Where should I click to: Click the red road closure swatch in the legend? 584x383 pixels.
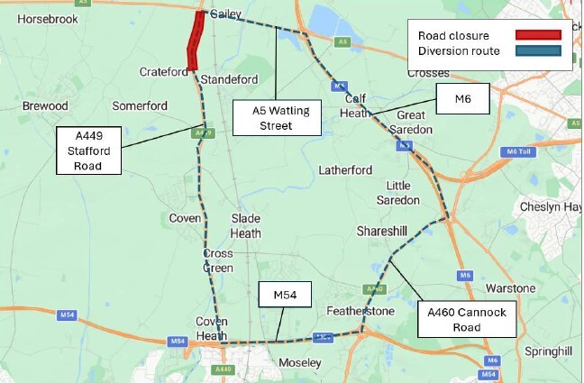point(537,35)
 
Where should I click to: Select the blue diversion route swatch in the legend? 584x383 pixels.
point(537,51)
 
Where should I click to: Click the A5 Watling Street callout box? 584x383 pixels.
point(276,118)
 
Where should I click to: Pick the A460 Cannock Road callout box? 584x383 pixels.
point(467,319)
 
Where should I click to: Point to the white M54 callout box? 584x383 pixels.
point(285,295)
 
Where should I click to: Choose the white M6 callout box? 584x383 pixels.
point(462,100)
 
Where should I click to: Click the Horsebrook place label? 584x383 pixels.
point(47,18)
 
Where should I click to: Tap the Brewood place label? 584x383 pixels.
point(45,105)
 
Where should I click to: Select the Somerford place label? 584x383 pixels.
point(139,105)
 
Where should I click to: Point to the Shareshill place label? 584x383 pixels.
point(385,230)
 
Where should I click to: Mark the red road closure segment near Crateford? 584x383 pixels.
point(193,42)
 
